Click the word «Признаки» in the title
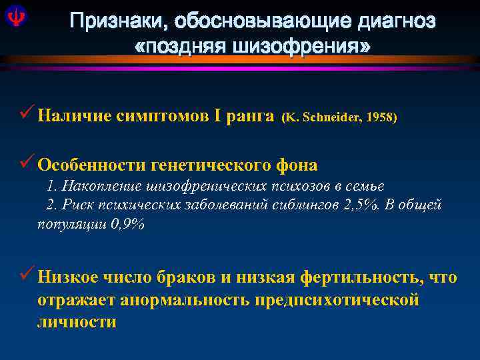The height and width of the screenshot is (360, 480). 119,21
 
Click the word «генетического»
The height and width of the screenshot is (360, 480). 213,165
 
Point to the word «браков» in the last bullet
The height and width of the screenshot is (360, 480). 189,277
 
